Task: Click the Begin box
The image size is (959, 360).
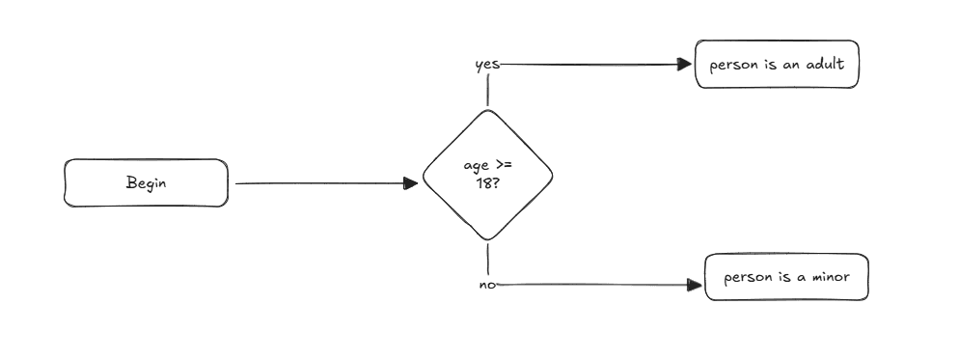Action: pos(146,183)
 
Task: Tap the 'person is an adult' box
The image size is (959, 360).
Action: pos(777,66)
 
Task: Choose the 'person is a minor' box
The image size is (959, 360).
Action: pos(786,278)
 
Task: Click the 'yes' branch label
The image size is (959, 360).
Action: pos(487,66)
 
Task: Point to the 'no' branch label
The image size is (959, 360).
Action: pos(487,285)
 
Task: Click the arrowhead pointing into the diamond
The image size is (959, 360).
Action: pos(412,183)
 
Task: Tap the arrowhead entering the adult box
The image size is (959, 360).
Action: pos(685,66)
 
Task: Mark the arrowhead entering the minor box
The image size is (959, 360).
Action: pos(693,285)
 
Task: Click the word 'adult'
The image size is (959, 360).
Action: pos(826,66)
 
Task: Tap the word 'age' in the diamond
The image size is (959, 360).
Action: pos(477,167)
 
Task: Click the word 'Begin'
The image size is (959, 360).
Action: pos(146,183)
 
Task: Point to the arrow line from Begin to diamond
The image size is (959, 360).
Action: pos(318,183)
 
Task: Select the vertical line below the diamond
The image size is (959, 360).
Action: pos(488,259)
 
